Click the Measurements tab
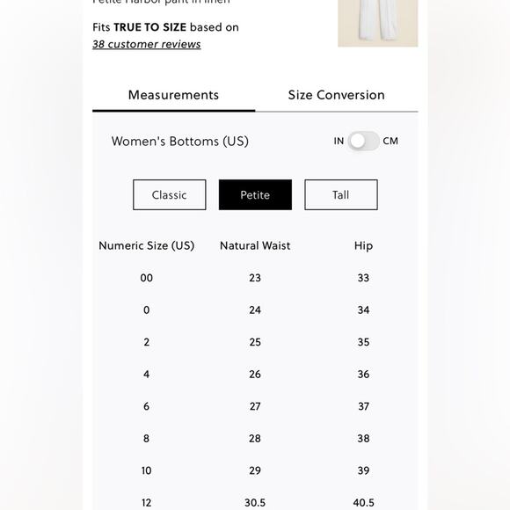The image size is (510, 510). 173,95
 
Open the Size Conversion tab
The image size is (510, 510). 336,95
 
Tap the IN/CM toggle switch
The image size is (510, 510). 362,141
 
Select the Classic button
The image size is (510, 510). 169,195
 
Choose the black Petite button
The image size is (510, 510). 255,195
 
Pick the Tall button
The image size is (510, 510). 341,195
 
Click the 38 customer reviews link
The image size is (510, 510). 146,44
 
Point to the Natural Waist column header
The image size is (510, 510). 255,245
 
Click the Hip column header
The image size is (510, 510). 363,245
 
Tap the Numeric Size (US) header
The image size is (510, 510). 146,245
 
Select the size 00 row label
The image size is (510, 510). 146,278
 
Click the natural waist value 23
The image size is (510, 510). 255,278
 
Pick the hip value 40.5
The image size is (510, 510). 363,503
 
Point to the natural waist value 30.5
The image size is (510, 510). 255,503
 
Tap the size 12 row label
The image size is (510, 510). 146,503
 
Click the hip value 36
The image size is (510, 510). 363,375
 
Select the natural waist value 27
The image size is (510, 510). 255,406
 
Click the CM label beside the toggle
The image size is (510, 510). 390,141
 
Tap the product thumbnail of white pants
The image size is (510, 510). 377,23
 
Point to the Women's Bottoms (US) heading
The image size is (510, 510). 179,141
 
